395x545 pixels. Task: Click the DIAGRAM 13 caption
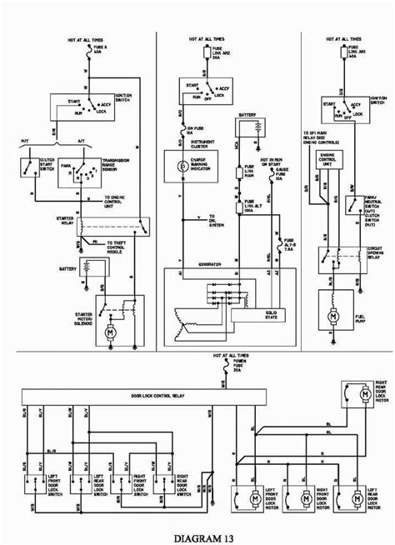point(197,535)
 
